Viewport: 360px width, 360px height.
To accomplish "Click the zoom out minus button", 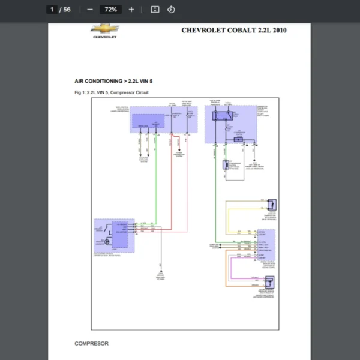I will pyautogui.click(x=90, y=10).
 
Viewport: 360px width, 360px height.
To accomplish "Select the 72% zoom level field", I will pyautogui.click(x=110, y=10).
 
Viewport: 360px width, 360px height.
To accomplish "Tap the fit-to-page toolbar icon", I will pyautogui.click(x=155, y=10).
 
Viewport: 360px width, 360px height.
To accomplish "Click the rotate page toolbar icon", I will pyautogui.click(x=170, y=10).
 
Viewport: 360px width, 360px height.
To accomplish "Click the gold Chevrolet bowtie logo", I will pyautogui.click(x=104, y=29).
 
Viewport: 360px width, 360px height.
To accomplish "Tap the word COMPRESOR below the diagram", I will pyautogui.click(x=91, y=344).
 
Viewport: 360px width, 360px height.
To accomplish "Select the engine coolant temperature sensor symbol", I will pyautogui.click(x=271, y=204).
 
